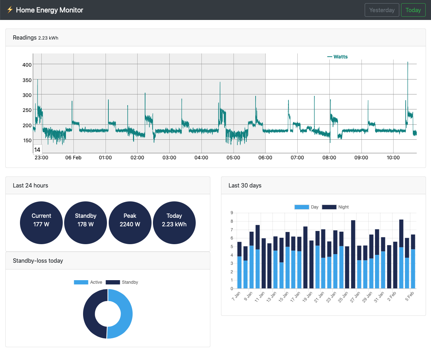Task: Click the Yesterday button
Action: [382, 10]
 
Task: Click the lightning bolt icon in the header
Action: [10, 10]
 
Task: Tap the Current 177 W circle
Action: [41, 223]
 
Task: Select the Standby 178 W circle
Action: [86, 223]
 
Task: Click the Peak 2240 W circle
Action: [130, 223]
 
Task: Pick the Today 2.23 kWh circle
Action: [174, 223]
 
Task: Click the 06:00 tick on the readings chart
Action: [265, 158]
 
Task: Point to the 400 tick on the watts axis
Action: [27, 65]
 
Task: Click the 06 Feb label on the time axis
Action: [73, 158]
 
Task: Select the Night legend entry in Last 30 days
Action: [335, 207]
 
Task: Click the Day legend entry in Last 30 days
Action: [307, 207]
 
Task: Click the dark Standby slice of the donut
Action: [89, 314]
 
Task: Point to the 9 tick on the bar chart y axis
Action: [232, 213]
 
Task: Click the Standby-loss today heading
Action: [38, 261]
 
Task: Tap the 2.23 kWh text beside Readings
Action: [48, 38]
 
